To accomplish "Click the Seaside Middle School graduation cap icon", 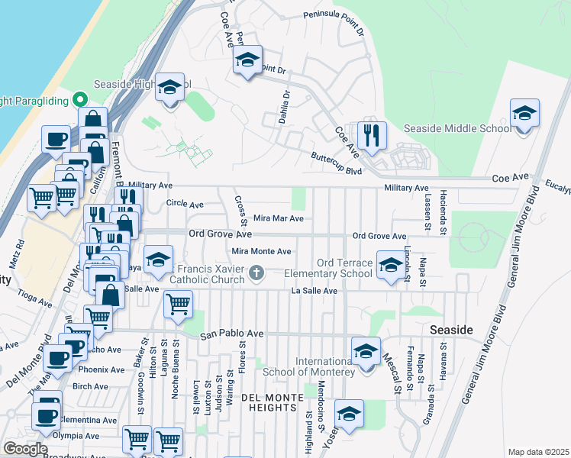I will (524, 114).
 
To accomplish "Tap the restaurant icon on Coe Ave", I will (372, 136).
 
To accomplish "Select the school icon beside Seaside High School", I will (169, 87).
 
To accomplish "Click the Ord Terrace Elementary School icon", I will (391, 266).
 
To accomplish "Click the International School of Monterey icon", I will (366, 352).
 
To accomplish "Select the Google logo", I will (25, 449).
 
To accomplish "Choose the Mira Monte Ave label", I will (262, 251).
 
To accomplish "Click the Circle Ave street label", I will (185, 205).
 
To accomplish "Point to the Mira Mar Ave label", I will (278, 218).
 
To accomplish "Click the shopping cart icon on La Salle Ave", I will (178, 305).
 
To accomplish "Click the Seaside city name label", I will (451, 330).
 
